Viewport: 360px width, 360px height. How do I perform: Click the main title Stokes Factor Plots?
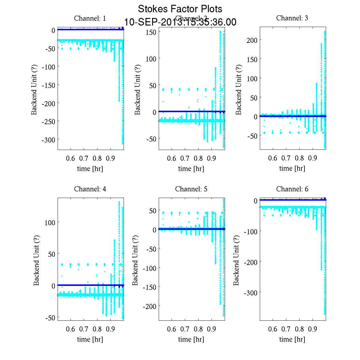tap(180, 9)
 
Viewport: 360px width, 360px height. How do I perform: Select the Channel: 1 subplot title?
tap(90, 18)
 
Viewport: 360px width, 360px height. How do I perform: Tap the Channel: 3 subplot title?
tap(292, 18)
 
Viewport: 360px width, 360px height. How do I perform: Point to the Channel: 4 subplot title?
tap(90, 189)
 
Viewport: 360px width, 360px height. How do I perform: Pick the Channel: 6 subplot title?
tap(292, 189)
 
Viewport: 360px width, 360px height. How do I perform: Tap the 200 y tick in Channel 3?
tap(252, 40)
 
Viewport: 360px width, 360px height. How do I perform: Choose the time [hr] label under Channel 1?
tap(90, 169)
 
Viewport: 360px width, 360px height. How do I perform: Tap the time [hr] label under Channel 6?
tap(292, 339)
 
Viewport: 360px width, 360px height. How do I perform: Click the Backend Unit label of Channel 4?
tap(36, 260)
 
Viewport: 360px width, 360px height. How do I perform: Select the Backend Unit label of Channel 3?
tap(238, 89)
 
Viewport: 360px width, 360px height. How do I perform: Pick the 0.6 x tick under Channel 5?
tap(172, 329)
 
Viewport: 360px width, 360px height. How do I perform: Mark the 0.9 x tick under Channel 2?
tap(211, 158)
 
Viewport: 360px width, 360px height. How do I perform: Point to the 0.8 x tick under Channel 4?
tap(97, 329)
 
